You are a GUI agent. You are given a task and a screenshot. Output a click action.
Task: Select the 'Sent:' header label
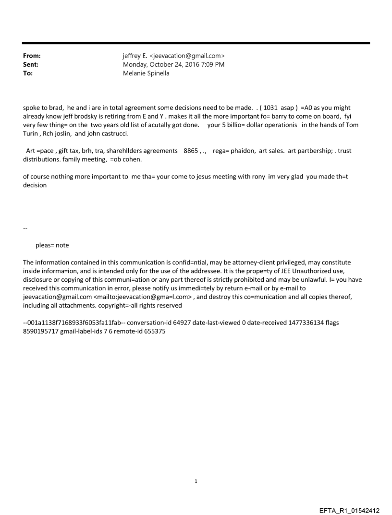(31, 64)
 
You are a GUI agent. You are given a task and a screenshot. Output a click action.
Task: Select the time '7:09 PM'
(213, 64)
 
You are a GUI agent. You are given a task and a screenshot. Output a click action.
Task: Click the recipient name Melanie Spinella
(146, 73)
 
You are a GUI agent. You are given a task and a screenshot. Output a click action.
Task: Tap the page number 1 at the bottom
(196, 480)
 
